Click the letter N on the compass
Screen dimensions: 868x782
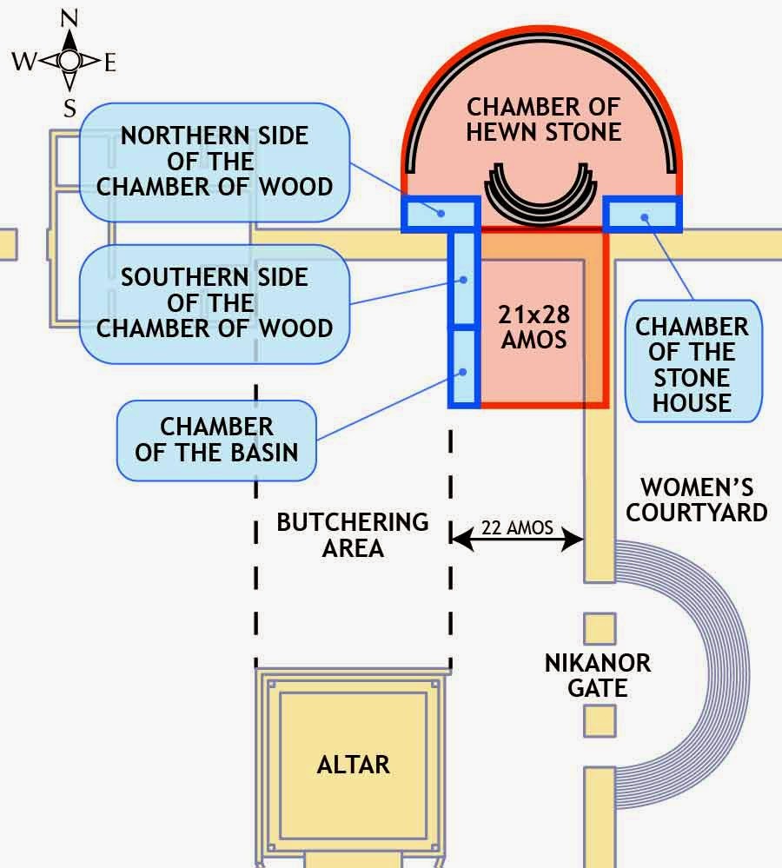click(70, 17)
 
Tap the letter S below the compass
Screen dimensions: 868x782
click(70, 108)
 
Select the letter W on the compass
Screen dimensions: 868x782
click(23, 61)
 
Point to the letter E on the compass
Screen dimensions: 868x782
click(110, 62)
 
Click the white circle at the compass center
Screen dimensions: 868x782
click(70, 60)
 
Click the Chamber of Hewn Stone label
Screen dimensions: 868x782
click(543, 120)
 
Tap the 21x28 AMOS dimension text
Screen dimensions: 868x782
click(533, 327)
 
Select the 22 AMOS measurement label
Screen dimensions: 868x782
click(516, 527)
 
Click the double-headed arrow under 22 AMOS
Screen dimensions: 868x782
click(517, 540)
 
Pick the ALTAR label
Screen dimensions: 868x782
click(353, 765)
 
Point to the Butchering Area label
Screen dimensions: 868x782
click(352, 534)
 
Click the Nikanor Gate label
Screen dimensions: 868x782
click(597, 676)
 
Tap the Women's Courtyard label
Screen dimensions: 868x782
click(697, 499)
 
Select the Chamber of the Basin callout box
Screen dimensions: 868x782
click(216, 440)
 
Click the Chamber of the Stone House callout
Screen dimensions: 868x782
click(693, 365)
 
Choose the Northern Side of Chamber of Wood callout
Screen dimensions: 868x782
click(215, 162)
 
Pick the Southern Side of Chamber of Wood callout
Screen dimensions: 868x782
click(215, 303)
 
